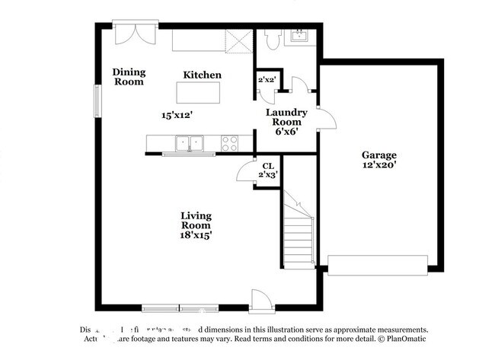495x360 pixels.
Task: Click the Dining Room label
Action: coord(129,77)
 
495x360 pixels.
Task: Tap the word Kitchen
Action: coord(202,75)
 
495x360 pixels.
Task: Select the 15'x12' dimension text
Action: coord(177,115)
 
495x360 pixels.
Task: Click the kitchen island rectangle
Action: coord(198,92)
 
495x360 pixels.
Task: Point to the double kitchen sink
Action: coord(190,142)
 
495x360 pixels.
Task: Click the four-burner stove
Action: coord(229,142)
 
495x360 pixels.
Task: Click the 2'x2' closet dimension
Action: coord(267,79)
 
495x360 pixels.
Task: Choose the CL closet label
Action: coord(267,167)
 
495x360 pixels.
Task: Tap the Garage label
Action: coord(378,155)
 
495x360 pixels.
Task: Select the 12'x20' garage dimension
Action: coord(378,164)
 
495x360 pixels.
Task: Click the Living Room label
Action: coord(196,221)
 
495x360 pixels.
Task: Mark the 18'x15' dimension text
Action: coord(196,236)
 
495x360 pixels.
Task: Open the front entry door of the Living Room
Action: coord(260,301)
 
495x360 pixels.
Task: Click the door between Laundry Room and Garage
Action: coord(323,119)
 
